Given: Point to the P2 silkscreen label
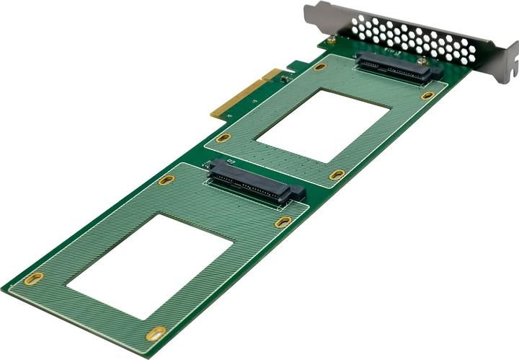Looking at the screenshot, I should (231, 161).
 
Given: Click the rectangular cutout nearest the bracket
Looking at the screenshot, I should (324, 125).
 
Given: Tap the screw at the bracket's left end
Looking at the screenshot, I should (331, 42).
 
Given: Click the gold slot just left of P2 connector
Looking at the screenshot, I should (167, 180).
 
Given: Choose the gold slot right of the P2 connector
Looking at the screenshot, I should (283, 222).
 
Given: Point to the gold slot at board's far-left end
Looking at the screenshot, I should (33, 278).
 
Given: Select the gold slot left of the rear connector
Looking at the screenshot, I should (320, 66).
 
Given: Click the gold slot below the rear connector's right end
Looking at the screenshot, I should (427, 95).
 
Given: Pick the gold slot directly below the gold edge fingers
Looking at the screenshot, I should (223, 137).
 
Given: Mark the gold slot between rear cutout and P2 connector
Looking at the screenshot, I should (337, 175).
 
